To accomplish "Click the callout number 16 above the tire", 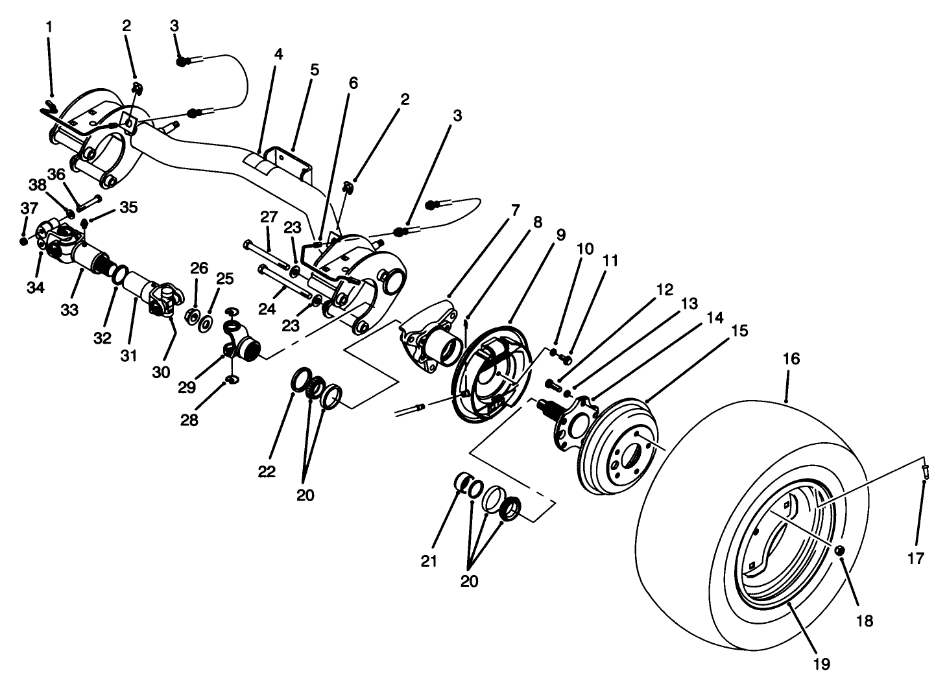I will point(791,359).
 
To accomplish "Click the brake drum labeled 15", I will point(619,447).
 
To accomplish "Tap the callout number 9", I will point(560,234).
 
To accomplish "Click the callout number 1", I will point(50,27).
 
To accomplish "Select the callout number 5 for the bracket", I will point(315,69).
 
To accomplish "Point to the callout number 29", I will point(187,388).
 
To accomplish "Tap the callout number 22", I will point(266,471).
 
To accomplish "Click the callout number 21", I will point(429,561).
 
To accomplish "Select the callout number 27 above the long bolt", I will point(269,216).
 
